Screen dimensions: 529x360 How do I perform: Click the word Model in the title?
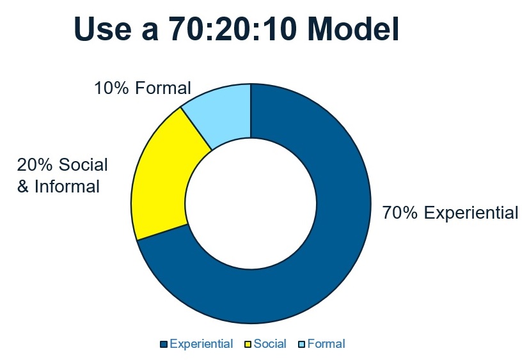pos(353,29)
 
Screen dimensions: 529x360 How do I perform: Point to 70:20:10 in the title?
pos(233,29)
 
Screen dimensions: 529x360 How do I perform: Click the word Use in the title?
pos(102,29)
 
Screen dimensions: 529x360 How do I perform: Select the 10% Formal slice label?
pos(143,88)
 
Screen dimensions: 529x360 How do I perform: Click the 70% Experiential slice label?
pos(450,213)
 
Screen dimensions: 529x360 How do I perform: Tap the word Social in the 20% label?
pos(83,164)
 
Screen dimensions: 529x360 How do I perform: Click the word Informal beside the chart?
pos(67,187)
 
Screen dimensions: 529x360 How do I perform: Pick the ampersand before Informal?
pos(22,187)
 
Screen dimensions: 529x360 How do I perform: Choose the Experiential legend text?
pos(201,344)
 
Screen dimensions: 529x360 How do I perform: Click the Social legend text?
pos(270,344)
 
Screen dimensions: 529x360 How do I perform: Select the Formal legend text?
pos(326,344)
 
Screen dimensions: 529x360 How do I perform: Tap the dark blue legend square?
pos(164,344)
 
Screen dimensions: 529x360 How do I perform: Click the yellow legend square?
pos(248,344)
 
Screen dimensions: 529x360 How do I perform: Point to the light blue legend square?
pos(302,344)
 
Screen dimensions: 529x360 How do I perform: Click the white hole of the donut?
pos(251,203)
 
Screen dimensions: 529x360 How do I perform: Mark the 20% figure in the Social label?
pos(35,164)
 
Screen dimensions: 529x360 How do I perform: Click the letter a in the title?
pos(150,32)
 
